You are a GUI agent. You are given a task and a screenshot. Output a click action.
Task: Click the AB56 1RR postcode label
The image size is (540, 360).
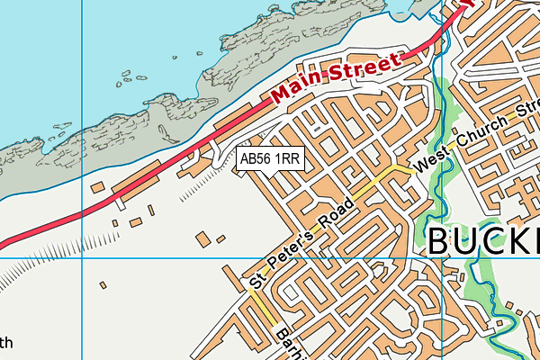click(270, 159)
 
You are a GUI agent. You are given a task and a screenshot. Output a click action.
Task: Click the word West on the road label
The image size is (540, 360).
click(429, 161)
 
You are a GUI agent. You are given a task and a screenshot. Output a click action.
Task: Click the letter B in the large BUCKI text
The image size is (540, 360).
click(440, 241)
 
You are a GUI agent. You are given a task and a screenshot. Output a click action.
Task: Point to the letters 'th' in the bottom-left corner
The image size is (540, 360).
click(6, 342)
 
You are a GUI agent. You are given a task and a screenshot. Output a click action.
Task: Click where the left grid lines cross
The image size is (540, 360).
click(81, 258)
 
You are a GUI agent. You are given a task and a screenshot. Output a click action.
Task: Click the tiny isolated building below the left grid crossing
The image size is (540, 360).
click(103, 285)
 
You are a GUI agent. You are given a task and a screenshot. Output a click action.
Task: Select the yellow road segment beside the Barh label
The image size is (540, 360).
click(263, 310)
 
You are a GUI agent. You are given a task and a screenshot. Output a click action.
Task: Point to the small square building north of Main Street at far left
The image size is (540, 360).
click(96, 186)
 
